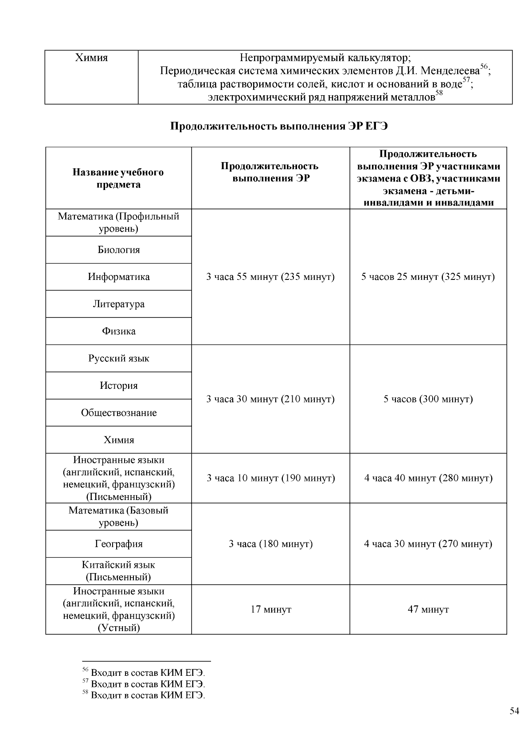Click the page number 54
pos(514,711)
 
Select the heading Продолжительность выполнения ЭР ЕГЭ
pos(279,126)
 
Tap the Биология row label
pos(118,250)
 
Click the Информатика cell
pos(118,277)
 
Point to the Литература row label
pos(118,304)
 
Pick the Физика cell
pos(118,331)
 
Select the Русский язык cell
pos(118,358)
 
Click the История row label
pos(118,385)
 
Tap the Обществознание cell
pos(118,413)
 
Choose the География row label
pos(118,544)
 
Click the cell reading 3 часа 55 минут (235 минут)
pos(270,277)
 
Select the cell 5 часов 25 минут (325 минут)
pos(428,277)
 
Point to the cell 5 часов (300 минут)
pos(428,399)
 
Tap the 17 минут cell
pos(270,609)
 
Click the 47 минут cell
pos(428,609)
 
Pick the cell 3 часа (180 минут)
pos(270,544)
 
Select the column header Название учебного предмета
pos(118,178)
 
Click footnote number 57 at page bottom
pos(86,683)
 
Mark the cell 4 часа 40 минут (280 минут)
pos(428,478)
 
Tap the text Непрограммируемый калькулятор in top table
pos(325,58)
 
